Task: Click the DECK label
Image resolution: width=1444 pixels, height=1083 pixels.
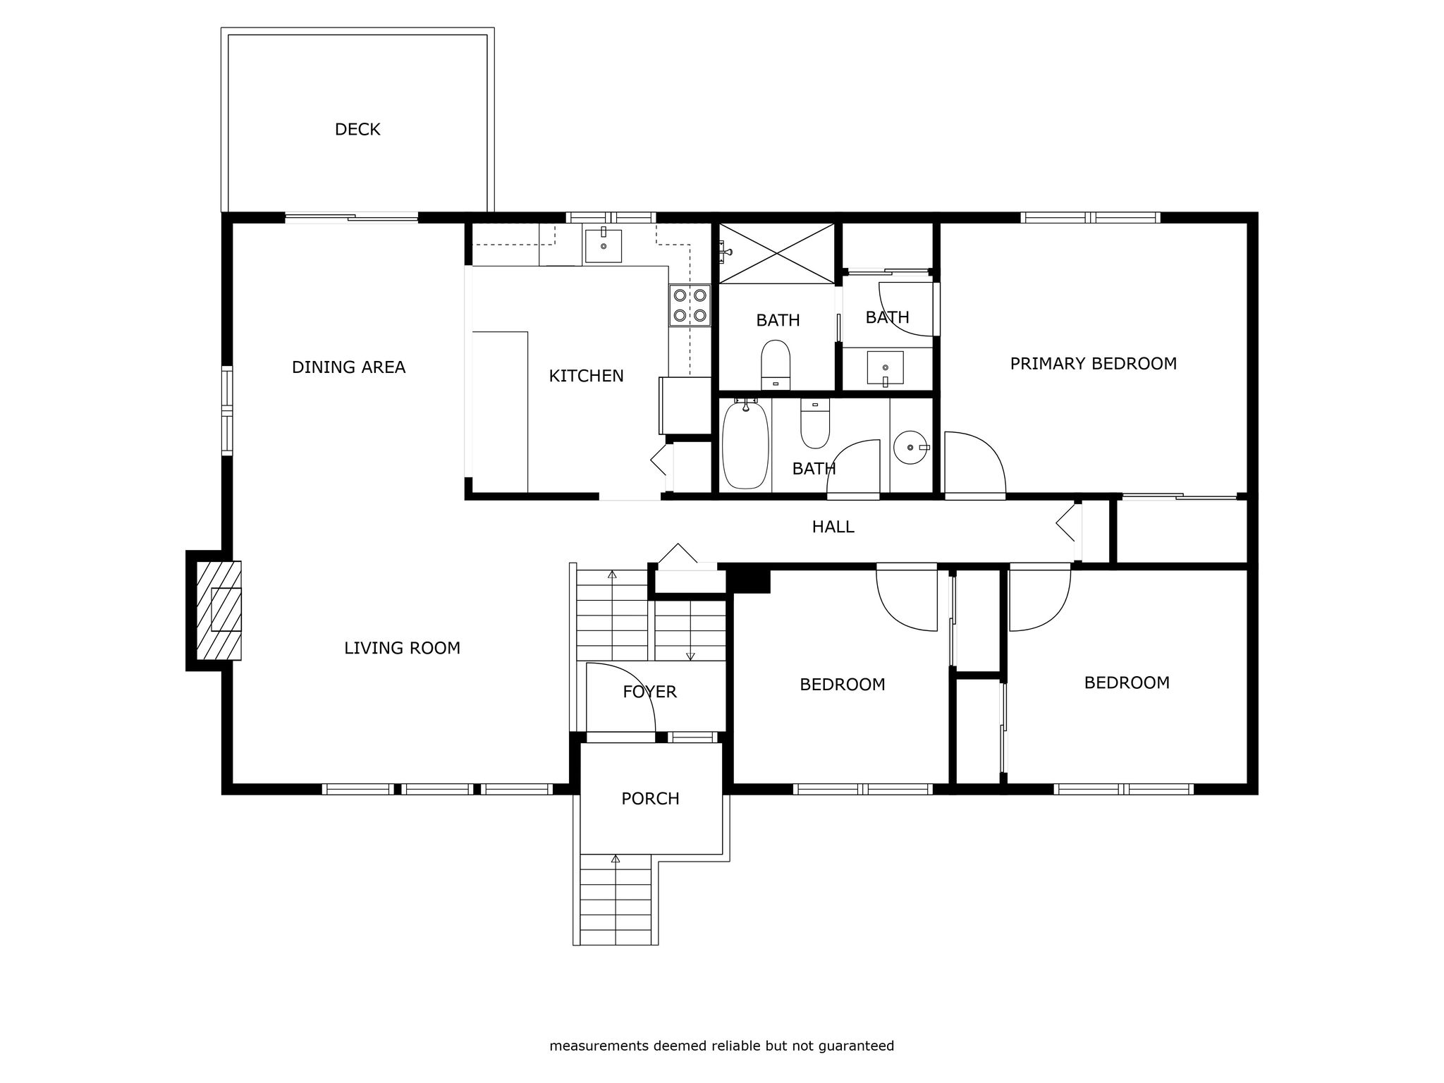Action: pyautogui.click(x=357, y=130)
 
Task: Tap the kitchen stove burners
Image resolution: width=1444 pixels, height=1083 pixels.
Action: pyautogui.click(x=690, y=305)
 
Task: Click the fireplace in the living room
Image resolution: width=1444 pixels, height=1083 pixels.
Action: pyautogui.click(x=219, y=611)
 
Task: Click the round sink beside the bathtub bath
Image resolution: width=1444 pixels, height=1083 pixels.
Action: pyautogui.click(x=911, y=447)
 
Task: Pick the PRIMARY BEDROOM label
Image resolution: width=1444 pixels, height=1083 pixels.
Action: pyautogui.click(x=1093, y=364)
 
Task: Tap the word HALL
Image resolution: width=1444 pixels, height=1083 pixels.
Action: pyautogui.click(x=833, y=527)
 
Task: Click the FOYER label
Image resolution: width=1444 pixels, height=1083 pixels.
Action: pyautogui.click(x=649, y=692)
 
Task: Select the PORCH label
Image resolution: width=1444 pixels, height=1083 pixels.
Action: pyautogui.click(x=650, y=799)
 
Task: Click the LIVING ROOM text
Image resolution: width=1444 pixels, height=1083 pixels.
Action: pyautogui.click(x=402, y=648)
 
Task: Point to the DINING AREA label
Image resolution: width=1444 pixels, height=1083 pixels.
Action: pyautogui.click(x=348, y=367)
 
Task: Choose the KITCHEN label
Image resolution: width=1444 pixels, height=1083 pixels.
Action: pyautogui.click(x=586, y=377)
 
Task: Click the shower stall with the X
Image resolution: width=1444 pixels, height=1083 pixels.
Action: pyautogui.click(x=776, y=254)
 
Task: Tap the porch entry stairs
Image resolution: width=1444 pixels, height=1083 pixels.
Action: pyautogui.click(x=616, y=899)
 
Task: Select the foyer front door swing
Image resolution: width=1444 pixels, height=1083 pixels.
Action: pyautogui.click(x=621, y=698)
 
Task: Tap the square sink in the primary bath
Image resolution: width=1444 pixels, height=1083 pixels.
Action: pyautogui.click(x=885, y=368)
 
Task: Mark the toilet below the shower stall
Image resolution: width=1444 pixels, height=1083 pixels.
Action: pyautogui.click(x=776, y=364)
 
